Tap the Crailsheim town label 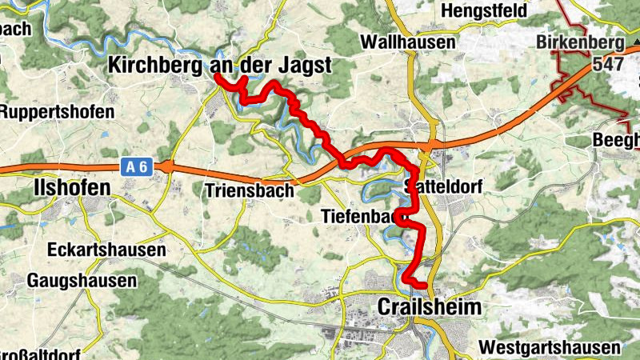point(430,308)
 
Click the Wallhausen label point(408,42)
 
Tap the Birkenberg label point(582,42)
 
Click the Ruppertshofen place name point(58,111)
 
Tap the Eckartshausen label point(106,250)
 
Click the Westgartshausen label point(550,348)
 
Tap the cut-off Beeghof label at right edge point(617,141)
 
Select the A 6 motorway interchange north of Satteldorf point(430,145)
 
